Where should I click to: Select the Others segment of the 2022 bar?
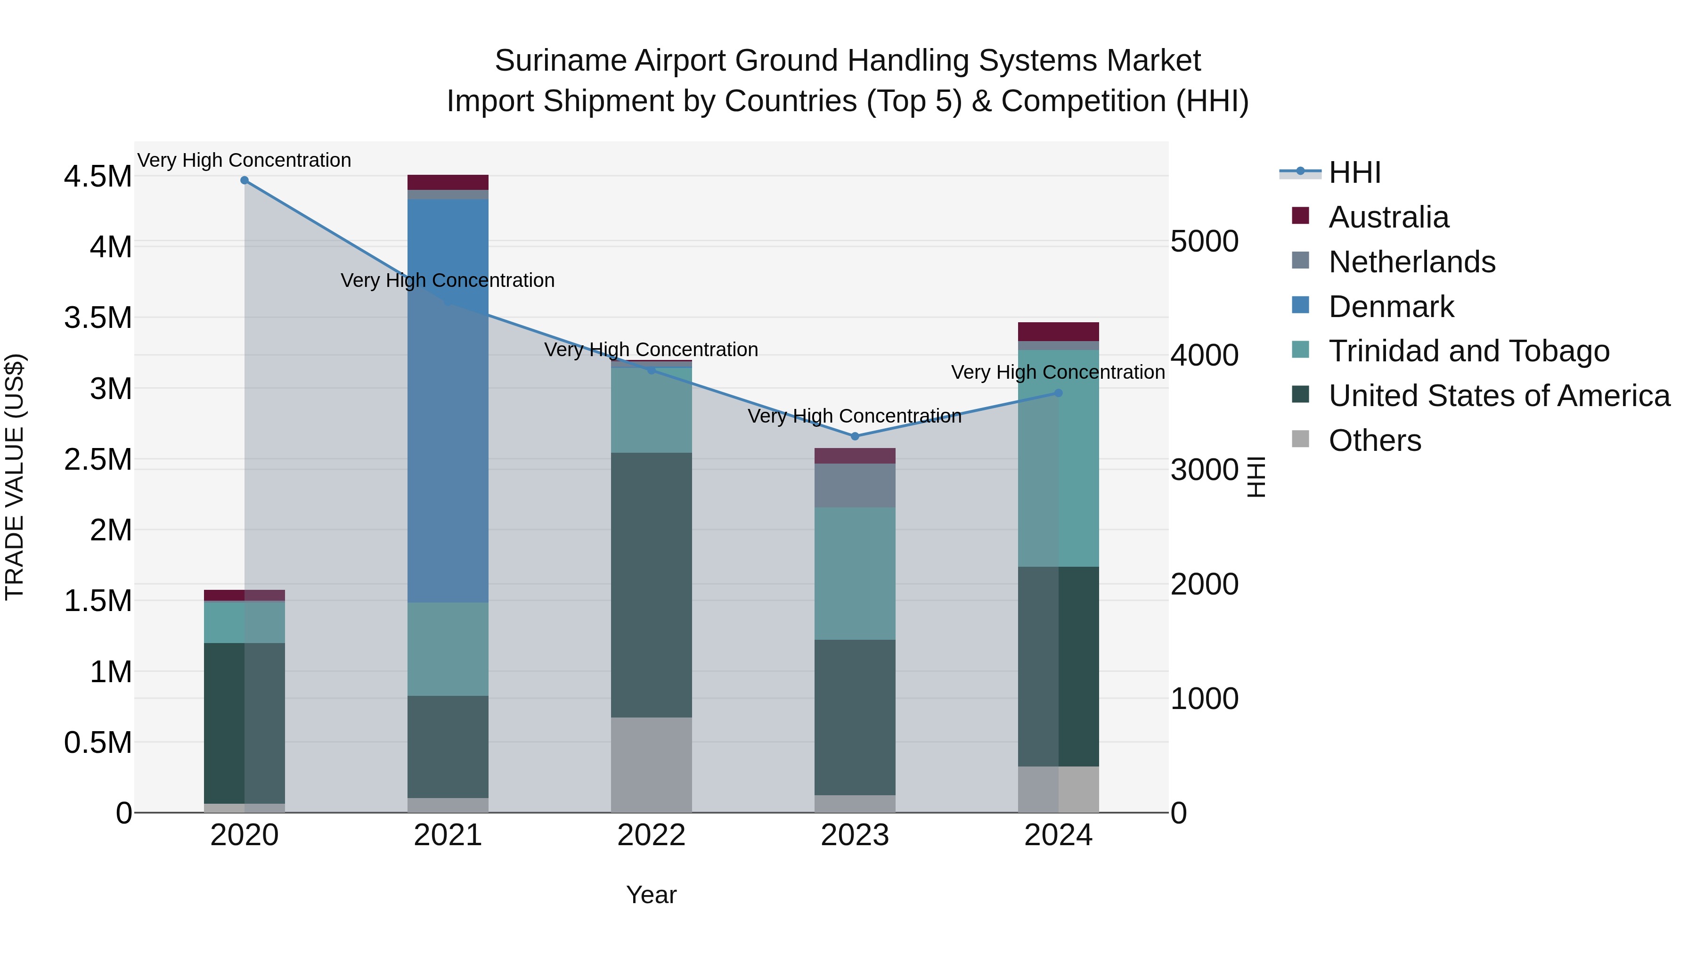(651, 765)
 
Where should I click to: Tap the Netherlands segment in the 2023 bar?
(855, 485)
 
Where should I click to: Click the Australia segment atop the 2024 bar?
(1058, 331)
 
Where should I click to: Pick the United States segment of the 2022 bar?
(651, 585)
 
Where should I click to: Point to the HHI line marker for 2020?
(244, 180)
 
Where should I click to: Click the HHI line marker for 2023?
(855, 436)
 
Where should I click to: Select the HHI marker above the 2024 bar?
(1058, 393)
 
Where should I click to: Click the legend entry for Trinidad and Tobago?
(1468, 351)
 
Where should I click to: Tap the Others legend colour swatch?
(1300, 439)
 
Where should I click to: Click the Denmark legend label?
(1391, 307)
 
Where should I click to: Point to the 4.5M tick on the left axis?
(98, 177)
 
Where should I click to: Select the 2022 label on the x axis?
(651, 835)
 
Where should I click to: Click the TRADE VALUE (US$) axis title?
(15, 477)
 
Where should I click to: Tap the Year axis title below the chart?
(651, 895)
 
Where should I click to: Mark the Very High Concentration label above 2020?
(244, 160)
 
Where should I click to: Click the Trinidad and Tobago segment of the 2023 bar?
(855, 573)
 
